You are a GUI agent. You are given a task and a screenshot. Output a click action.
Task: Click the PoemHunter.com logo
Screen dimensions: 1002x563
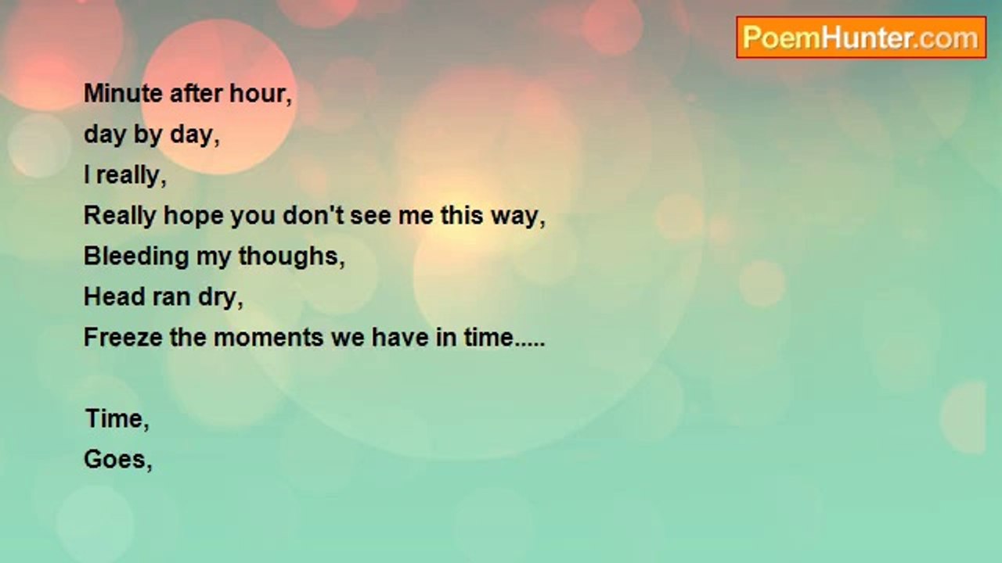click(x=861, y=38)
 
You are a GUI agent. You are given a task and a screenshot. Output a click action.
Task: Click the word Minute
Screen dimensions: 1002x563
click(x=123, y=94)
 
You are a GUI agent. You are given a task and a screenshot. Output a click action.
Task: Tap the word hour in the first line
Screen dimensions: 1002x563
click(x=258, y=94)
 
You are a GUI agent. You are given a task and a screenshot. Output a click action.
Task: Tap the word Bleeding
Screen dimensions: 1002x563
click(x=136, y=257)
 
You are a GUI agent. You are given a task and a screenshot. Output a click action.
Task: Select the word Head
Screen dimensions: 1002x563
click(x=114, y=296)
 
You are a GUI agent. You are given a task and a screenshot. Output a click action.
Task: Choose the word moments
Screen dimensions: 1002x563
click(x=269, y=338)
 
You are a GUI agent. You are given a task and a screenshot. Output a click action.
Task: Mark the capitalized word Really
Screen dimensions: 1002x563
click(x=120, y=217)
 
